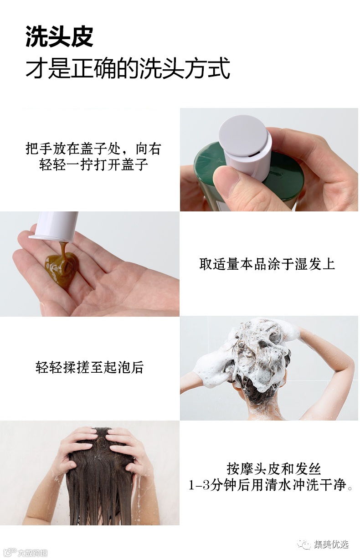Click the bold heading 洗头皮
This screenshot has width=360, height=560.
click(x=59, y=37)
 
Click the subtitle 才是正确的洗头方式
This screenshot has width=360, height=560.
click(x=128, y=68)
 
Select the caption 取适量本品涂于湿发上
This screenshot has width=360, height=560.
click(x=267, y=264)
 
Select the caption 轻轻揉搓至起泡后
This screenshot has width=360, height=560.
click(x=89, y=367)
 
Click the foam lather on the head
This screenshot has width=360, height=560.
click(x=252, y=355)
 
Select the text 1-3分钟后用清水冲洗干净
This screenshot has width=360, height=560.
click(x=270, y=485)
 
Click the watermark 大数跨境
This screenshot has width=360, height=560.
click(x=32, y=553)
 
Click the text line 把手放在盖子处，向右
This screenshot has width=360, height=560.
click(x=93, y=149)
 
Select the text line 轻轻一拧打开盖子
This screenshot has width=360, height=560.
click(x=93, y=164)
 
